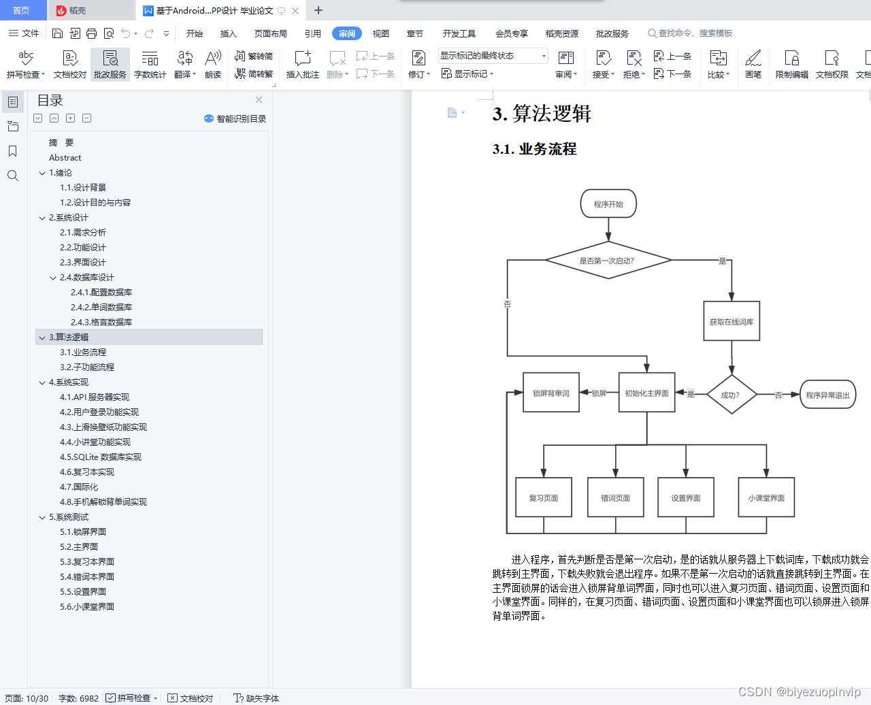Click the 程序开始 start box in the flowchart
click(x=608, y=203)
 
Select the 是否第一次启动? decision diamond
click(x=608, y=261)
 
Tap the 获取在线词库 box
click(x=732, y=321)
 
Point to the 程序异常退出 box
click(x=827, y=395)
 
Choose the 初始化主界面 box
click(x=646, y=393)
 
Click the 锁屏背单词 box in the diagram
click(x=551, y=393)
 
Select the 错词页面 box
click(x=615, y=497)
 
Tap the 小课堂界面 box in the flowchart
click(x=766, y=497)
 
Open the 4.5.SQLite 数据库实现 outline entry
click(x=101, y=457)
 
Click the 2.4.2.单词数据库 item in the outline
click(x=101, y=307)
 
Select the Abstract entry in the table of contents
click(x=65, y=157)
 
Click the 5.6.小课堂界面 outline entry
click(x=87, y=606)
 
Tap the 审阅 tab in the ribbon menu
click(x=347, y=33)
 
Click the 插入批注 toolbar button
click(x=303, y=65)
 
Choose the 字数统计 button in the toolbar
click(x=150, y=65)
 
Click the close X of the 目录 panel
click(x=259, y=100)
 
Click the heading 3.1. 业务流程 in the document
click(x=535, y=149)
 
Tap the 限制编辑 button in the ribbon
click(x=791, y=65)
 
